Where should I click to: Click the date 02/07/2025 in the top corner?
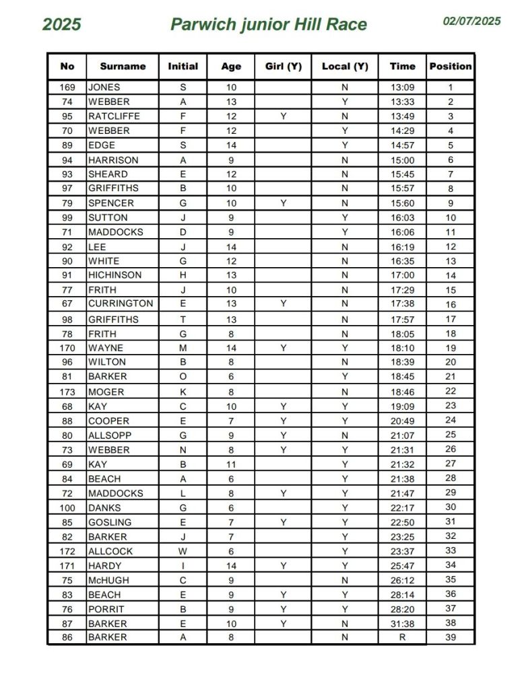[471, 21]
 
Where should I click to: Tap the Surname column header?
[123, 66]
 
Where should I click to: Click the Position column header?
[451, 66]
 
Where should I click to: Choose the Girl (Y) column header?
[283, 66]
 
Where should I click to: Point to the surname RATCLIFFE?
[114, 116]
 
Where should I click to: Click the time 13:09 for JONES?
[403, 87]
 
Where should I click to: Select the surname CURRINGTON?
[121, 303]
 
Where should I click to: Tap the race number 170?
[67, 349]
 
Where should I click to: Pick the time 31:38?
[403, 624]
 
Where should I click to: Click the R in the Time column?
[403, 637]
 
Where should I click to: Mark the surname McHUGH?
[108, 580]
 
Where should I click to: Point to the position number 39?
[451, 637]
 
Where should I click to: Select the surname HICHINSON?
[114, 275]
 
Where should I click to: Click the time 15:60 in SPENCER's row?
[403, 203]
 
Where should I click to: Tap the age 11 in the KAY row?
[231, 464]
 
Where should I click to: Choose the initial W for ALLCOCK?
[183, 551]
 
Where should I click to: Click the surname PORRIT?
[106, 610]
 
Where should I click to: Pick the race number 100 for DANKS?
[67, 507]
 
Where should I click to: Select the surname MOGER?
[106, 392]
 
